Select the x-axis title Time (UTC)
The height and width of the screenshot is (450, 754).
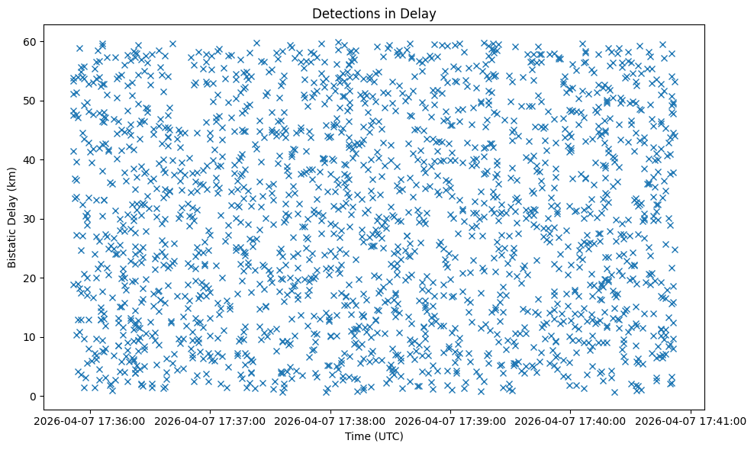pyautogui.click(x=374, y=437)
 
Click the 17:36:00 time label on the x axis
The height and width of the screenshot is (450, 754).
pyautogui.click(x=90, y=421)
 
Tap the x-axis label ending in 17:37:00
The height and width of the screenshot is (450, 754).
pyautogui.click(x=210, y=421)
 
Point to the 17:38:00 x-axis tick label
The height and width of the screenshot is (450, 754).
pyautogui.click(x=330, y=421)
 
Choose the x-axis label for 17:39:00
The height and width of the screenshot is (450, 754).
pyautogui.click(x=450, y=421)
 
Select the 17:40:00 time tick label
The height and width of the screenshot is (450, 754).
pyautogui.click(x=571, y=421)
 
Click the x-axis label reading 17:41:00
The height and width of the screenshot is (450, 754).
pyautogui.click(x=691, y=421)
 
